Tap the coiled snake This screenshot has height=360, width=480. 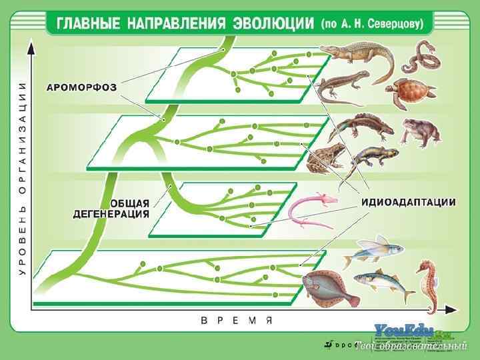(421, 57)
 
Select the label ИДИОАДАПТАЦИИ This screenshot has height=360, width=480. (409, 201)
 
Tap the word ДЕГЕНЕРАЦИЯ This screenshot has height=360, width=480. (110, 213)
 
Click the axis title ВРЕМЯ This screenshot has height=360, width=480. (237, 321)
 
